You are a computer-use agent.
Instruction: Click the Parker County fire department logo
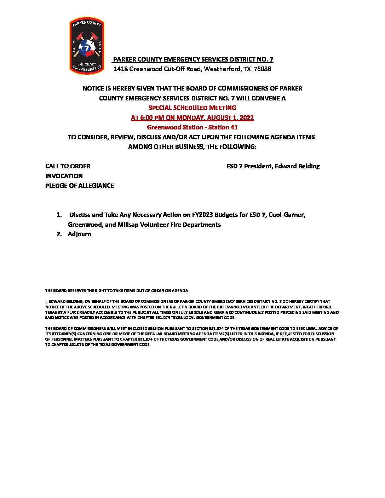(x=87, y=46)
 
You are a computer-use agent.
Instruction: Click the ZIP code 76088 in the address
(x=263, y=69)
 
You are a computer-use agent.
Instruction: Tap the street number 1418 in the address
(x=121, y=69)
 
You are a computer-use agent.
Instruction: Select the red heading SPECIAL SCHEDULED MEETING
(x=192, y=108)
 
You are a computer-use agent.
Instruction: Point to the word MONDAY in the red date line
(x=189, y=118)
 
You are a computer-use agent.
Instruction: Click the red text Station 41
(x=223, y=127)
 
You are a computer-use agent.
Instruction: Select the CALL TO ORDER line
(x=68, y=166)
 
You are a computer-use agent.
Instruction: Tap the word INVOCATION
(x=64, y=176)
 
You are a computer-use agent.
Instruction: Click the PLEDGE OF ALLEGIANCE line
(x=80, y=186)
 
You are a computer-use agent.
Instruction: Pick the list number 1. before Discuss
(x=59, y=215)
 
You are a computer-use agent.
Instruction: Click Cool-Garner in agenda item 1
(x=287, y=215)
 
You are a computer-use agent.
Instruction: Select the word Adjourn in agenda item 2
(x=79, y=234)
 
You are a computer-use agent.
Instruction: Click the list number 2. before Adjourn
(x=59, y=234)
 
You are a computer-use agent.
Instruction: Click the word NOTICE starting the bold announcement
(x=93, y=88)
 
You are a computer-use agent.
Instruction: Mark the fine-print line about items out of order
(x=116, y=291)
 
